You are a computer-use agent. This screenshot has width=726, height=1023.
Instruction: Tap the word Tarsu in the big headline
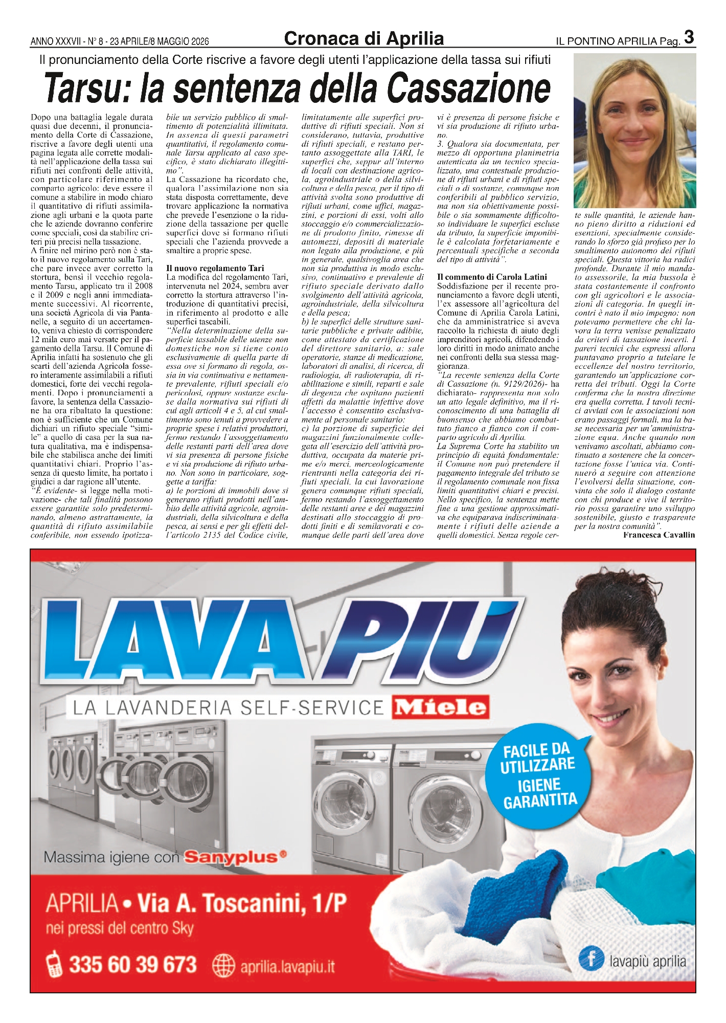(86, 88)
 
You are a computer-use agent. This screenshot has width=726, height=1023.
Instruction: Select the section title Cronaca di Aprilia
(364, 39)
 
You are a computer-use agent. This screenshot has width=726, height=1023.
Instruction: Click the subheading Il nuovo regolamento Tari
(215, 268)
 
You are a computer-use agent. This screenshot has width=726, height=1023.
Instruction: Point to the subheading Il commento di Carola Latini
(492, 277)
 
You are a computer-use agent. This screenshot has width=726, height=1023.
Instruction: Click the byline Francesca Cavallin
(659, 535)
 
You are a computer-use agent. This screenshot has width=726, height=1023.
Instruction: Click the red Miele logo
(440, 707)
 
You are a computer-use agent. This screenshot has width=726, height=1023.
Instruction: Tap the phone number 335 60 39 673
(133, 965)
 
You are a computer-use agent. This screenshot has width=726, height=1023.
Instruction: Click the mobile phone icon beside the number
(53, 965)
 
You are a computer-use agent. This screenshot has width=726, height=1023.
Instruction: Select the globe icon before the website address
(223, 966)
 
